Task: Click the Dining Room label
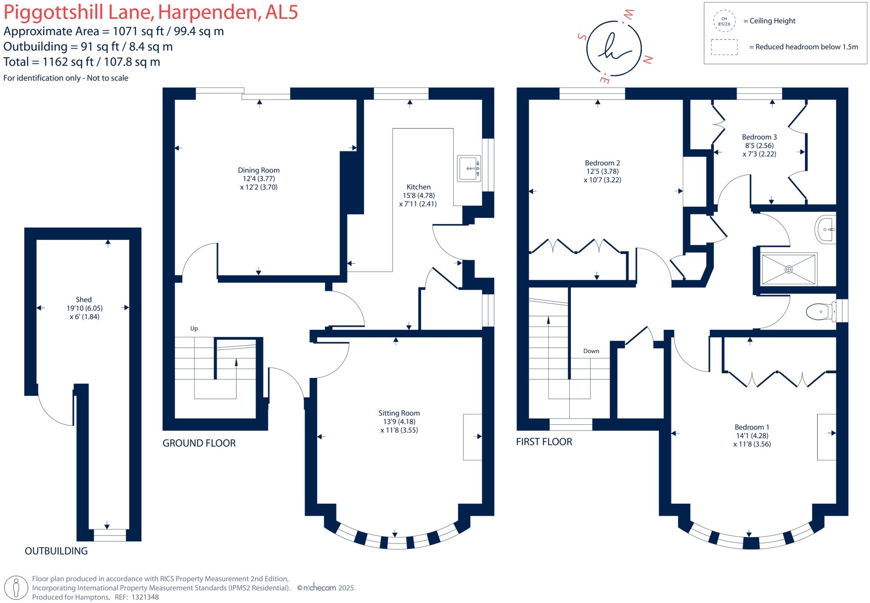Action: tap(258, 170)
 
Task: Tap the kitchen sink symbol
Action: tap(469, 169)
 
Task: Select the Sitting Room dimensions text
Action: tap(398, 426)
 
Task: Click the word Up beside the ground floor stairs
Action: tap(194, 328)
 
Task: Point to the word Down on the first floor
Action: tap(591, 351)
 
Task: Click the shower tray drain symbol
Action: tap(788, 269)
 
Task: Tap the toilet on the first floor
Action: tap(820, 312)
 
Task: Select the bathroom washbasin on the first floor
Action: tap(826, 230)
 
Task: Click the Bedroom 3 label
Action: tap(759, 137)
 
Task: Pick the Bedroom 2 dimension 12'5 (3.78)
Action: tap(602, 172)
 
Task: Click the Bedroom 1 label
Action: tap(752, 427)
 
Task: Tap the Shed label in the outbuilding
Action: tap(84, 300)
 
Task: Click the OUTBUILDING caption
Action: tap(56, 551)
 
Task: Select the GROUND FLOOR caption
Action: tap(199, 443)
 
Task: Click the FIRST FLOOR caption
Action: tap(544, 442)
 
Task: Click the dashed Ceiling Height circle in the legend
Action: tap(724, 21)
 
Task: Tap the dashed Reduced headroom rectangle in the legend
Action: tap(724, 47)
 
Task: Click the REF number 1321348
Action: tap(145, 597)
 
